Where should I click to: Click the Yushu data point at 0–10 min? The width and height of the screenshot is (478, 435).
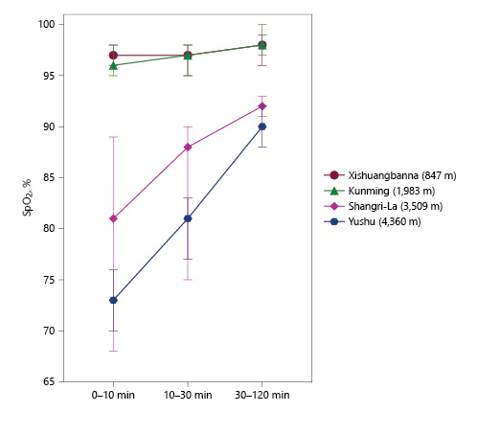[113, 300]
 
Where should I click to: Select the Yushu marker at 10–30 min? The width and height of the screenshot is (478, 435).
[188, 218]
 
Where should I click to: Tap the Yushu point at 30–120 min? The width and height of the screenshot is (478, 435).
[262, 126]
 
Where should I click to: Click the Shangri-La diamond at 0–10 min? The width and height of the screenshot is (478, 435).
[113, 218]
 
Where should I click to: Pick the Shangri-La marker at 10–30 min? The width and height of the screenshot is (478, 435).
[188, 147]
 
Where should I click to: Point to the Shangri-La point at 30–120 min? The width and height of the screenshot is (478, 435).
[262, 105]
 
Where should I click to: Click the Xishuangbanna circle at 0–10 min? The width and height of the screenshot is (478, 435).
[113, 55]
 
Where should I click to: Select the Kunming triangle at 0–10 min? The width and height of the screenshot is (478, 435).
[113, 65]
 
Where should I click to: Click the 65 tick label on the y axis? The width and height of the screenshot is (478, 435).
[48, 382]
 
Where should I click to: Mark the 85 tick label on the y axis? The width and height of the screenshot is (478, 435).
[48, 177]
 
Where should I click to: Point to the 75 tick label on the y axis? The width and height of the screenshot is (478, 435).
[48, 280]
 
